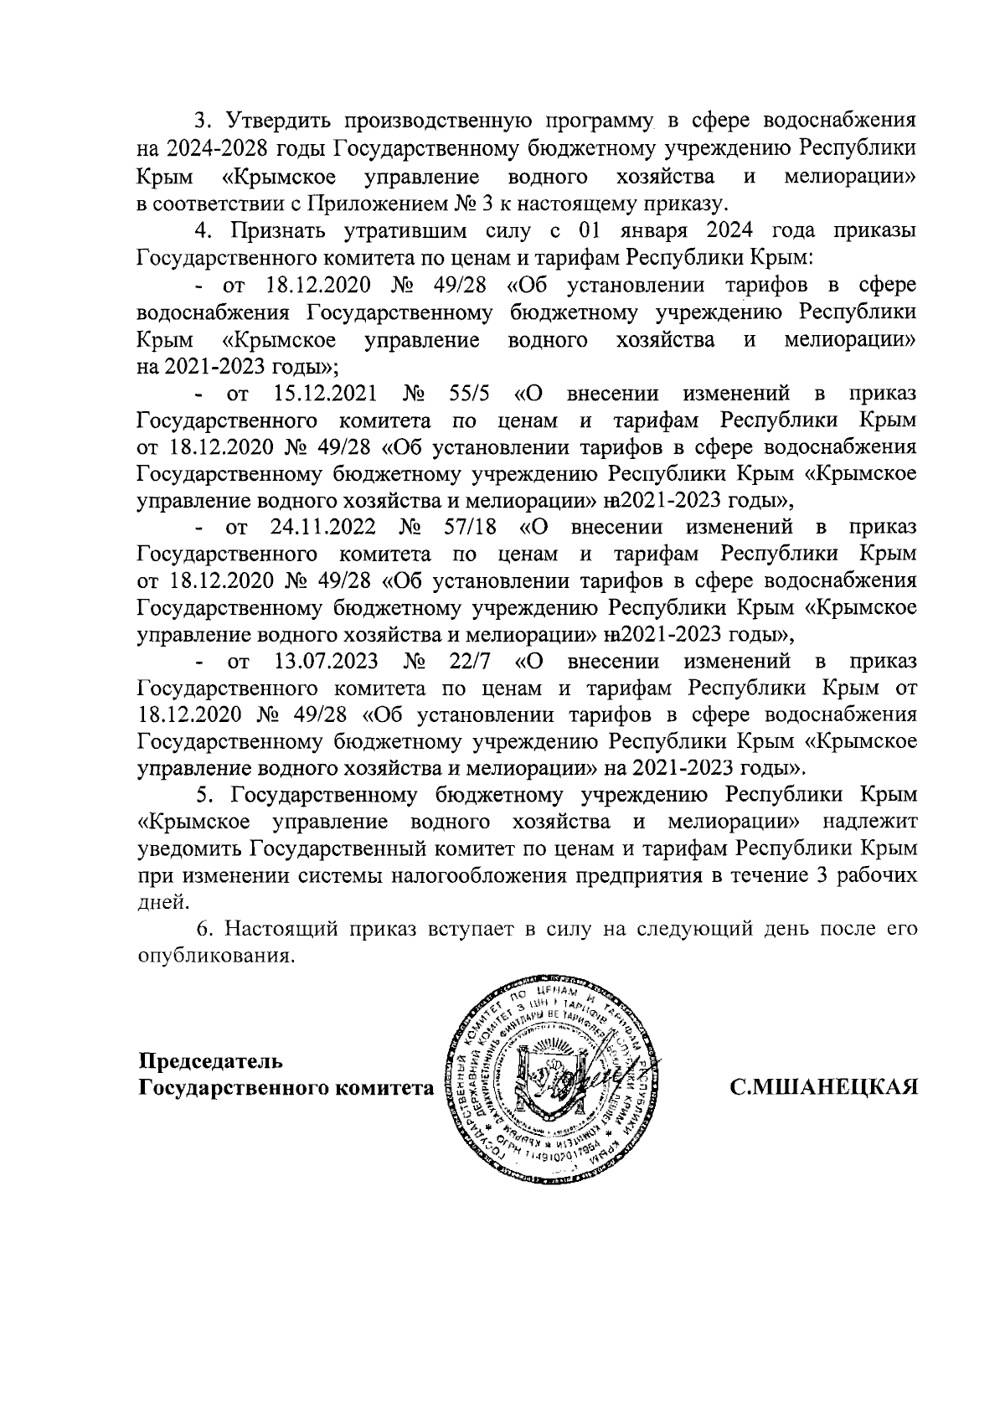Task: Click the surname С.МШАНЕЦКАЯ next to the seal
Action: coord(825,1088)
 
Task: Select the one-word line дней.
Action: coord(158,901)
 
